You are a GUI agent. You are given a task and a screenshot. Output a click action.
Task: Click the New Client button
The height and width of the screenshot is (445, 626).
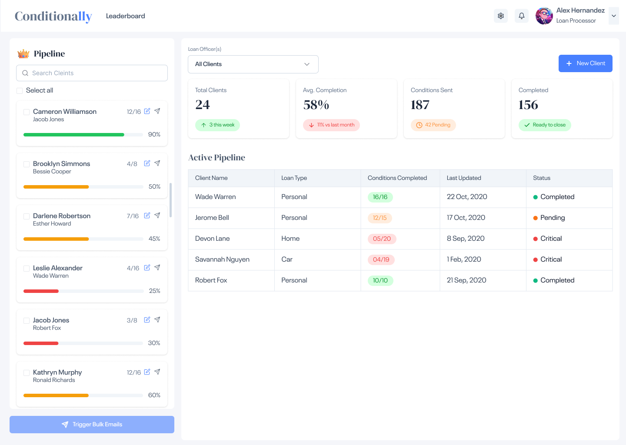pos(585,63)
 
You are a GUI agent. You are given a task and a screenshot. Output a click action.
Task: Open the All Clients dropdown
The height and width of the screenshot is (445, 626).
pos(253,64)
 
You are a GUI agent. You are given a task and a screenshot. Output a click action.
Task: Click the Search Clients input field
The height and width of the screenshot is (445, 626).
pos(92,73)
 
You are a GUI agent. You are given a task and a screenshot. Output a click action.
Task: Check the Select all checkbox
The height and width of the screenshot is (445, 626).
pos(20,91)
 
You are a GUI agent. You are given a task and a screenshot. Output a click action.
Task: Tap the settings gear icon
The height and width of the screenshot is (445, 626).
pos(501,16)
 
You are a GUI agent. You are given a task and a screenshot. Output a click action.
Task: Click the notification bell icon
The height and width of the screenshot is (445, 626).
pos(522,16)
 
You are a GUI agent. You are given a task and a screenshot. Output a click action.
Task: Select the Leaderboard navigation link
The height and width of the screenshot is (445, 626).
pos(125,16)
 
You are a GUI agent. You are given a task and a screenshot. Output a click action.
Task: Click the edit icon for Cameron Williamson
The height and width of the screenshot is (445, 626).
pos(147,111)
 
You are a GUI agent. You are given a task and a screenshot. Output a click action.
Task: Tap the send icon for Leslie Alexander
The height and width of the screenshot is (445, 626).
pos(157,268)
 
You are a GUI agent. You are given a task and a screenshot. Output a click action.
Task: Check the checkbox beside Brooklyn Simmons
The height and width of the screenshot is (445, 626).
pos(27,164)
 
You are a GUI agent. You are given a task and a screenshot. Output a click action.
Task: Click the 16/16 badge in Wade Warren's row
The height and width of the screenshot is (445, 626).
pos(380,197)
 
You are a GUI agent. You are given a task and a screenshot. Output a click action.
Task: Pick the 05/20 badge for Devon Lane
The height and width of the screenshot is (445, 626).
pos(382,239)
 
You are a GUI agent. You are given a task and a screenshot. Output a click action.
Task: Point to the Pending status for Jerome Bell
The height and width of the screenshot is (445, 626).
pos(552,218)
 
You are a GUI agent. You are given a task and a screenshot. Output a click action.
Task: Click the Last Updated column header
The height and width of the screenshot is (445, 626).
pos(464,178)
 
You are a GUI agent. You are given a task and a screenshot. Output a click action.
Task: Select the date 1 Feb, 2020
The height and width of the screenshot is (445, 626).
pos(464,259)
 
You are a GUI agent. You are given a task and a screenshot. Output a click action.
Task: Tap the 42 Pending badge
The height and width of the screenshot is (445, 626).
pos(433,125)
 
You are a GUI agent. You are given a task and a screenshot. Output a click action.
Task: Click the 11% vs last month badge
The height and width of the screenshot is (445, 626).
pos(331,125)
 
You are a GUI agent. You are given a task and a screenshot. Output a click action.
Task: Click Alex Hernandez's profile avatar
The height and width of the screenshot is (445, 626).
pos(544,16)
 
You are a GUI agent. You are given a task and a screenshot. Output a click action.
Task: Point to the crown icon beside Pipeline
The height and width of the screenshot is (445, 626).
pos(23,54)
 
